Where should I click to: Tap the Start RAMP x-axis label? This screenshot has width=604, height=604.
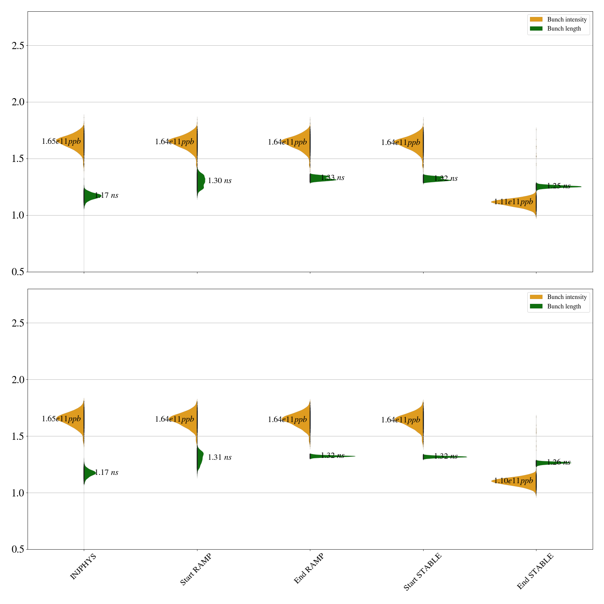pyautogui.click(x=196, y=569)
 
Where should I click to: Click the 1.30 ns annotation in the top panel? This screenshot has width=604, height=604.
pyautogui.click(x=220, y=181)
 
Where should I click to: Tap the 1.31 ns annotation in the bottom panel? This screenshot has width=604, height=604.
pyautogui.click(x=220, y=458)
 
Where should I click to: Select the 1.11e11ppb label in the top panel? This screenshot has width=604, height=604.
pyautogui.click(x=513, y=202)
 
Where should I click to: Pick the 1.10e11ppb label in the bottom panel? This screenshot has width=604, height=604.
pyautogui.click(x=513, y=481)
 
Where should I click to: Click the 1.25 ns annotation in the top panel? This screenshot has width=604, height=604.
pyautogui.click(x=559, y=186)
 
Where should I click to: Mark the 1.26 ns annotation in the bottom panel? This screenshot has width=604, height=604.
pyautogui.click(x=559, y=462)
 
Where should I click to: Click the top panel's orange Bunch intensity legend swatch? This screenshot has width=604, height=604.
pyautogui.click(x=536, y=20)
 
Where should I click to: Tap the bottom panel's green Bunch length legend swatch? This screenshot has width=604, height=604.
pyautogui.click(x=536, y=306)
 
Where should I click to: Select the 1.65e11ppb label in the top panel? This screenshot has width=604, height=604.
pyautogui.click(x=61, y=142)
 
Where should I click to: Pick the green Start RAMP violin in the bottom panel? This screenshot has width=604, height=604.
pyautogui.click(x=200, y=457)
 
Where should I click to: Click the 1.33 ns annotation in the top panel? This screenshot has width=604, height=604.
pyautogui.click(x=333, y=178)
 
